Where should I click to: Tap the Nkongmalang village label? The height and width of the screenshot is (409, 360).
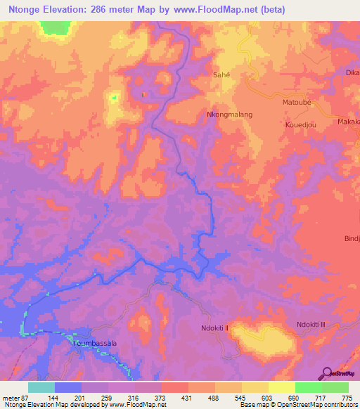pos(229,114)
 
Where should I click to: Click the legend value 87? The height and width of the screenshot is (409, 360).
pos(23,398)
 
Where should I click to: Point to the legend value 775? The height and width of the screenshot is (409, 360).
pos(347,398)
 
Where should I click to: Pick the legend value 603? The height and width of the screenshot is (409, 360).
pos(267,398)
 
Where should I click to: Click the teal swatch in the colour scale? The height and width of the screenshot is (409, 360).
pos(41,387)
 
